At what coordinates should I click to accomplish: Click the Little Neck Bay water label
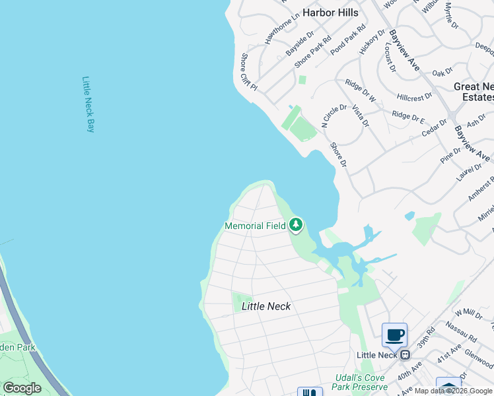click(88, 104)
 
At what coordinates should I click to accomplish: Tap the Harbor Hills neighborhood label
click(330, 13)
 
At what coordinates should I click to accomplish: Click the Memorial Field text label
click(255, 226)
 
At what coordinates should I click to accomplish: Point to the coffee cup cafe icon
click(395, 335)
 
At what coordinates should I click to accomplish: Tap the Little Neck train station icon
click(405, 355)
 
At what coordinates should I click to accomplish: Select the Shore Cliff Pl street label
click(248, 73)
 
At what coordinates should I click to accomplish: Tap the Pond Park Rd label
click(348, 39)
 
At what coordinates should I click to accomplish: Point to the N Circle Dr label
click(334, 115)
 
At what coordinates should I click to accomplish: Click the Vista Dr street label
click(361, 115)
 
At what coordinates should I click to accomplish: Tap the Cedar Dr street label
click(435, 128)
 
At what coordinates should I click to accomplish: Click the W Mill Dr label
click(469, 313)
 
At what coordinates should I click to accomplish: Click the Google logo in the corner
click(22, 388)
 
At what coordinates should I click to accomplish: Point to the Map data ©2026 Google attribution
click(453, 391)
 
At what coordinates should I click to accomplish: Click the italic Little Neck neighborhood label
click(266, 306)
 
